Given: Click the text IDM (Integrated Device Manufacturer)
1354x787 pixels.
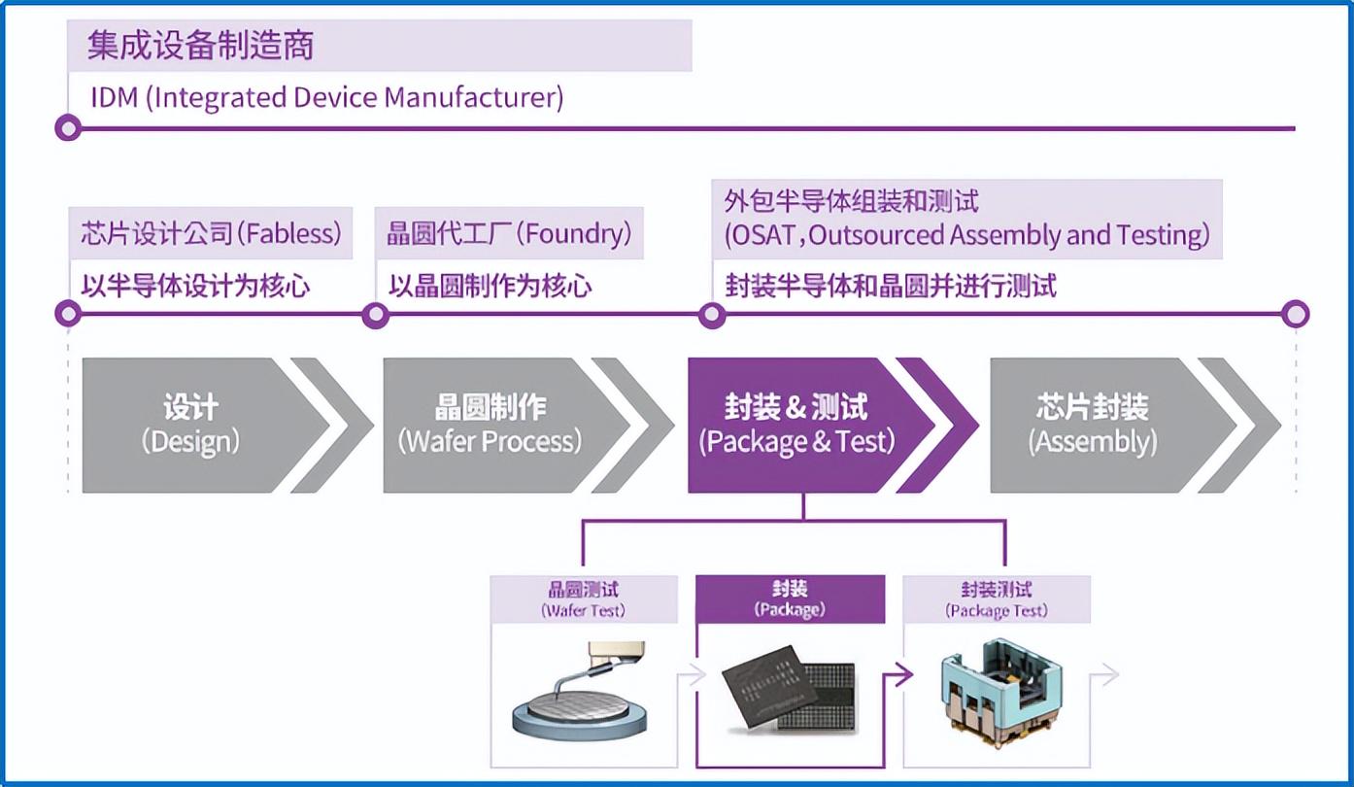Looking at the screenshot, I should pyautogui.click(x=326, y=98).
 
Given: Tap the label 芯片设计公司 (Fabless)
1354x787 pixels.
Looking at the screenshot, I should pyautogui.click(x=211, y=233).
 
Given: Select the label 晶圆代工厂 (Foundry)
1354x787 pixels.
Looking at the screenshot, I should pyautogui.click(x=509, y=233).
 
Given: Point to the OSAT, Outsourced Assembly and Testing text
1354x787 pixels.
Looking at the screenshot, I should pyautogui.click(x=966, y=235).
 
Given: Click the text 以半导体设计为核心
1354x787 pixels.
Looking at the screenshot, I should pyautogui.click(x=195, y=286).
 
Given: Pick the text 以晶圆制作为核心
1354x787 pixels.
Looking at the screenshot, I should pyautogui.click(x=490, y=286).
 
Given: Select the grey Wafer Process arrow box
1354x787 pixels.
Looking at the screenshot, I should pyautogui.click(x=491, y=425).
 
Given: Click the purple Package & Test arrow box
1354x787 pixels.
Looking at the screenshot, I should pyautogui.click(x=796, y=425).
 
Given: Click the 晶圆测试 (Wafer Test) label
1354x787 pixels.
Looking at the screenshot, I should pyautogui.click(x=583, y=599).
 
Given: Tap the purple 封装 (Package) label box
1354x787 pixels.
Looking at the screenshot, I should pyautogui.click(x=790, y=599).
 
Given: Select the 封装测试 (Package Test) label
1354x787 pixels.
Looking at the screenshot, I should pyautogui.click(x=997, y=599).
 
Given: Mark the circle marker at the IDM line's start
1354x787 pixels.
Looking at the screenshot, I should pyautogui.click(x=67, y=127).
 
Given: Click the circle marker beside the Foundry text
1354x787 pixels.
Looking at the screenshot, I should pyautogui.click(x=375, y=314).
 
